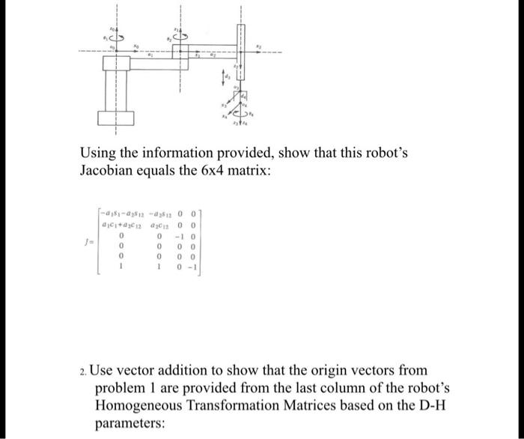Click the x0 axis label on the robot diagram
pyautogui.click(x=135, y=46)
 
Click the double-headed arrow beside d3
pyautogui.click(x=222, y=74)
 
